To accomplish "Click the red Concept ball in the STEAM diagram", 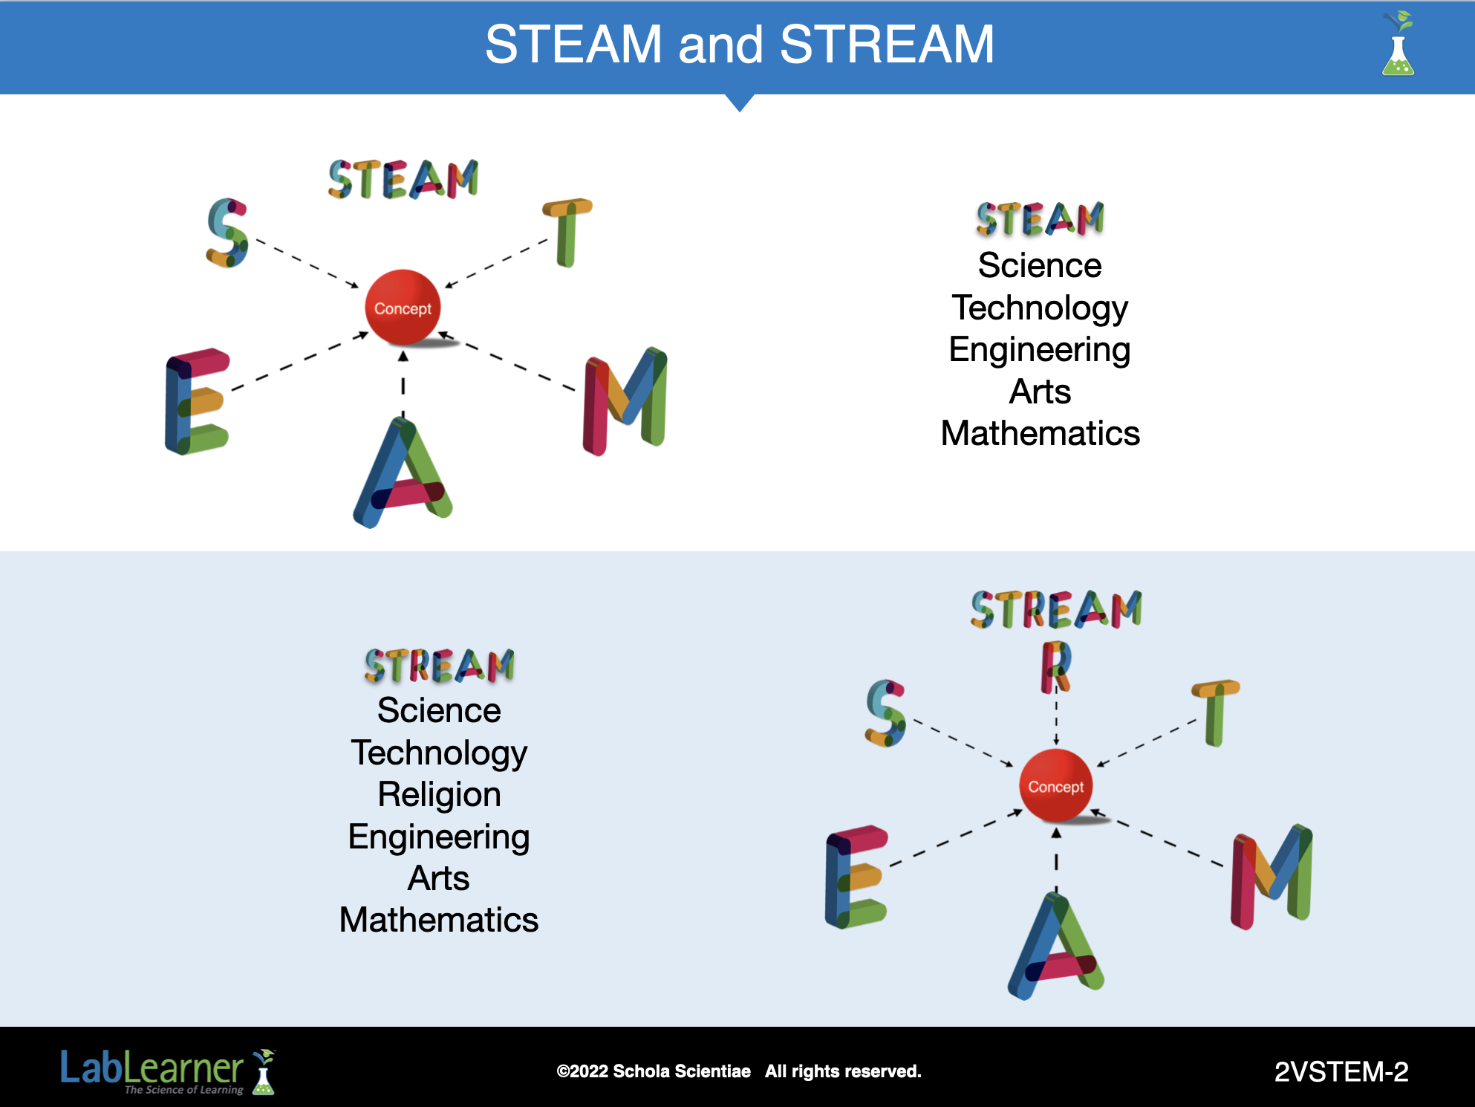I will (403, 307).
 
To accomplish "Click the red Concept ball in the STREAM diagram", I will (1055, 785).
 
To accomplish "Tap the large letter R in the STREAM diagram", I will (1055, 666).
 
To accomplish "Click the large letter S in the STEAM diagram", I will (227, 233).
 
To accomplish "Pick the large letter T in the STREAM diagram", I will (1215, 711).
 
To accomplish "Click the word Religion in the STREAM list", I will (439, 794).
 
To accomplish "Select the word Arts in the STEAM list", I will (1040, 392).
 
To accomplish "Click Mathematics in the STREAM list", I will (439, 920).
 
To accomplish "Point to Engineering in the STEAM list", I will (1040, 349).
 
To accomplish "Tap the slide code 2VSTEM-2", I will (1341, 1071).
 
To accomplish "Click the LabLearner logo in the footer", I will (167, 1071).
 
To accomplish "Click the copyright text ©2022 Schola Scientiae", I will (654, 1071).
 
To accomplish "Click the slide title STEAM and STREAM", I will (739, 45).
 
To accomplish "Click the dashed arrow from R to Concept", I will (1056, 718).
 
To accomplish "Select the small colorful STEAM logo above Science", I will (1040, 219).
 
